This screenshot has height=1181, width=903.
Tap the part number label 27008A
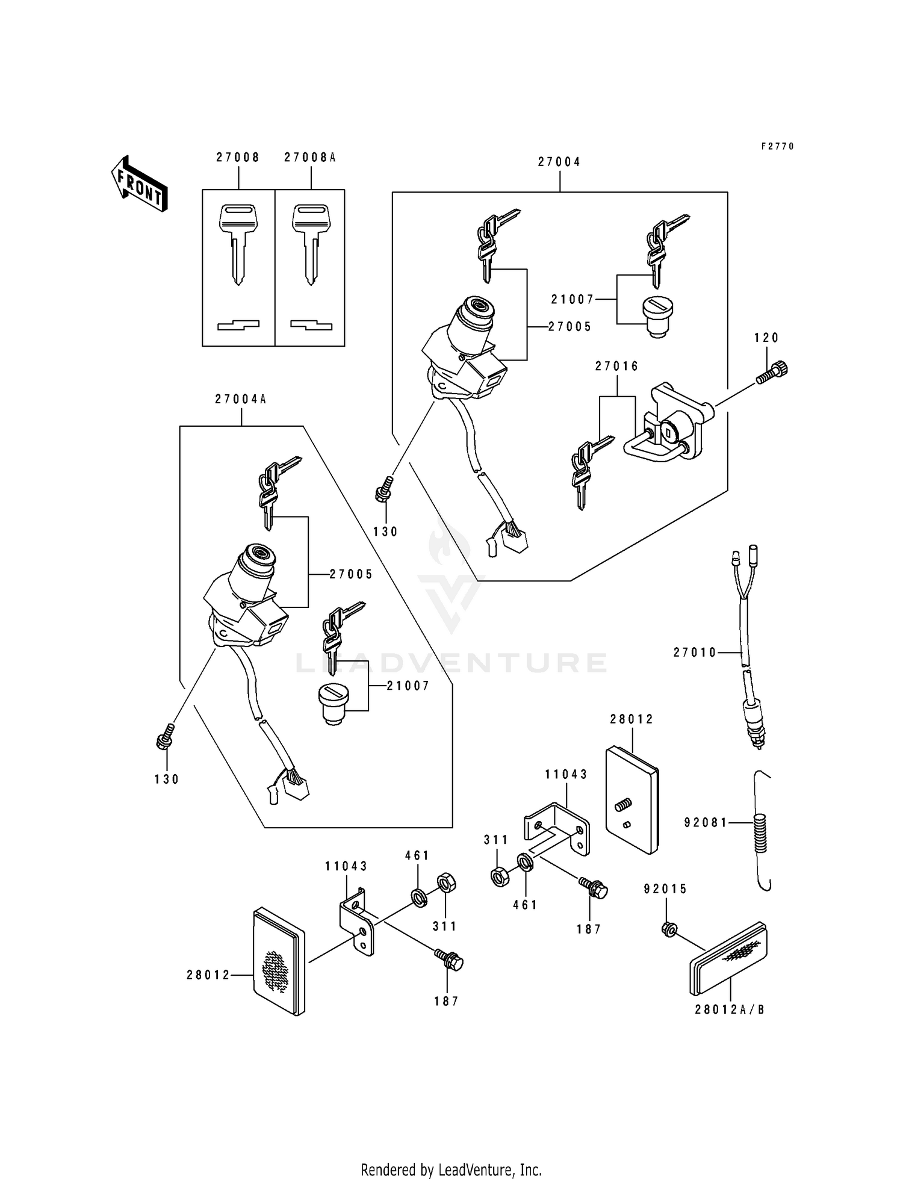[x=310, y=158]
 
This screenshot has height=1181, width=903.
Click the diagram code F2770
[x=777, y=146]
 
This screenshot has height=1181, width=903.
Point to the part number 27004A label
[x=241, y=399]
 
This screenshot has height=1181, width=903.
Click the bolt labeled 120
[x=773, y=372]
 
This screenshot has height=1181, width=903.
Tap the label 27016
[x=617, y=366]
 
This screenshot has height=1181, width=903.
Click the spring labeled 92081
[x=762, y=832]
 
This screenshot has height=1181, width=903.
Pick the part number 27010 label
[x=695, y=652]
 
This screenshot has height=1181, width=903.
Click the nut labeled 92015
[x=668, y=929]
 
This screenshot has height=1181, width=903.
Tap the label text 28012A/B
[x=730, y=1009]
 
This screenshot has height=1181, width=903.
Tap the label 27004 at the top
[x=559, y=162]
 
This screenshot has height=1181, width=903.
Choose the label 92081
[x=706, y=822]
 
